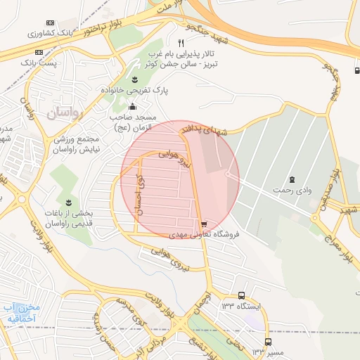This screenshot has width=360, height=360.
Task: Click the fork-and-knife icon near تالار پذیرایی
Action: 181,43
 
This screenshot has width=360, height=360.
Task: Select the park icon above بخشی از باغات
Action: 68,202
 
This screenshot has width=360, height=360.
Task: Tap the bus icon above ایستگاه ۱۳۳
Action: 242,296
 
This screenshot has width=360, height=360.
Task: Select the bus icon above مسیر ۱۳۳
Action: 267,342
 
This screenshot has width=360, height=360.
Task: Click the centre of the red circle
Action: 180,179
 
